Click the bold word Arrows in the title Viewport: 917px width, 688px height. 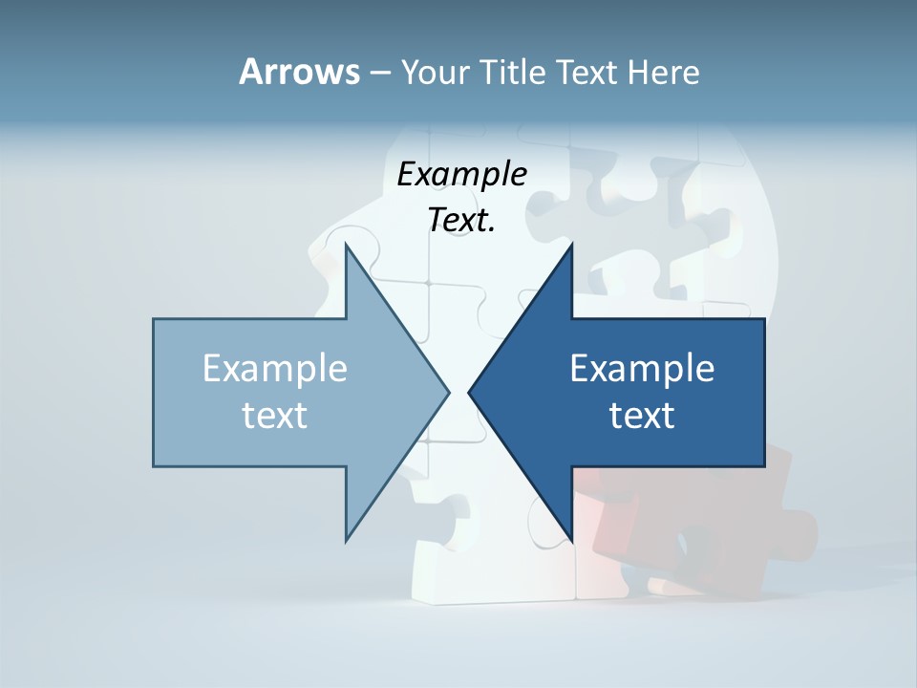(x=298, y=72)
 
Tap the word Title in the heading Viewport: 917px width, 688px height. (x=516, y=73)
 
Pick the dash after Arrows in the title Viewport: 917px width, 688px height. (x=379, y=74)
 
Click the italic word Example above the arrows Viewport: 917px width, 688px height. (x=461, y=175)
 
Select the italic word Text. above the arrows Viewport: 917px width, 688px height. (x=460, y=221)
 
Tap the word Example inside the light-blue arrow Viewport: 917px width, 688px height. (x=275, y=368)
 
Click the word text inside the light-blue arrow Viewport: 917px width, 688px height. (x=275, y=416)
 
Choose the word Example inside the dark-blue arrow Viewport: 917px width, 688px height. (x=642, y=368)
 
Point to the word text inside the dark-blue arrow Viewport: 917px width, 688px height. (x=642, y=416)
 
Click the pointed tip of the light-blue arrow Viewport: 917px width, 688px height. (x=449, y=392)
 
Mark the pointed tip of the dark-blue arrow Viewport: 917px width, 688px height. (x=469, y=392)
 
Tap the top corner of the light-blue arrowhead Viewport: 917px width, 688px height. (x=346, y=245)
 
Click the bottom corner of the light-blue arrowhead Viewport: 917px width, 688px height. (x=346, y=540)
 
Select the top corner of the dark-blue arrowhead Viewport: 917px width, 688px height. (x=571, y=245)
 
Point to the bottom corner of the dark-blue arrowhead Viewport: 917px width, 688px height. (x=571, y=540)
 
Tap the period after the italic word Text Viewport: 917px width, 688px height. (x=492, y=230)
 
